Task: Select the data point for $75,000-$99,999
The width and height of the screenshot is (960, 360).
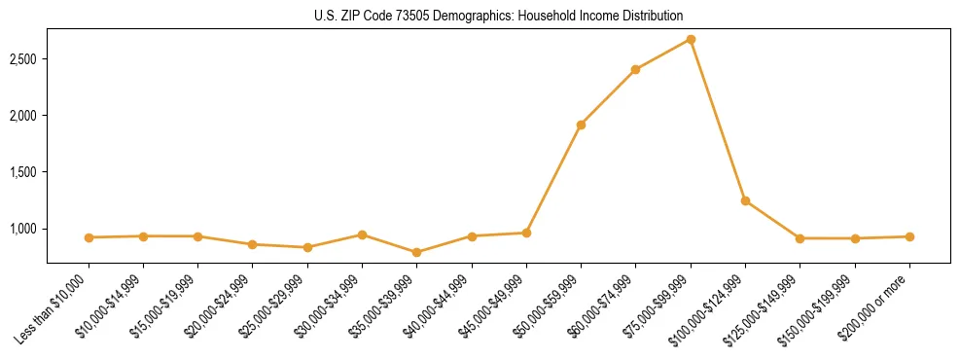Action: click(x=691, y=39)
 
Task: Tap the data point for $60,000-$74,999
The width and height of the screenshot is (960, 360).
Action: click(x=635, y=69)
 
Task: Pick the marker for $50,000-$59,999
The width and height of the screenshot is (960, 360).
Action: click(x=581, y=125)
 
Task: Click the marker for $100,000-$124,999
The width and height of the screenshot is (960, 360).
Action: click(x=745, y=200)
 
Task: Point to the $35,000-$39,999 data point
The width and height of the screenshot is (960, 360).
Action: click(x=417, y=252)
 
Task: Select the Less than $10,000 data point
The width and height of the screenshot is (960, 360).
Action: click(x=89, y=237)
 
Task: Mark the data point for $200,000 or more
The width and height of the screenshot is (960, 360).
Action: click(x=909, y=236)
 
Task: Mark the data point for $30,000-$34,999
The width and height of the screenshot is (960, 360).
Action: click(x=362, y=234)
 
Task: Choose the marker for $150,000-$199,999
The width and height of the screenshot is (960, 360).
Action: click(x=855, y=238)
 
